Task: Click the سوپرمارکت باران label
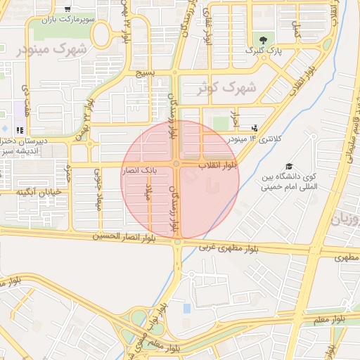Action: pyautogui.click(x=67, y=19)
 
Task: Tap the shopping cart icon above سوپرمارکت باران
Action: pyautogui.click(x=67, y=8)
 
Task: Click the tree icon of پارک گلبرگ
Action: pyautogui.click(x=263, y=39)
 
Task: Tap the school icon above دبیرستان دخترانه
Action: pyautogui.click(x=20, y=130)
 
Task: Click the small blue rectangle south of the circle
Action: pyautogui.click(x=186, y=308)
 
